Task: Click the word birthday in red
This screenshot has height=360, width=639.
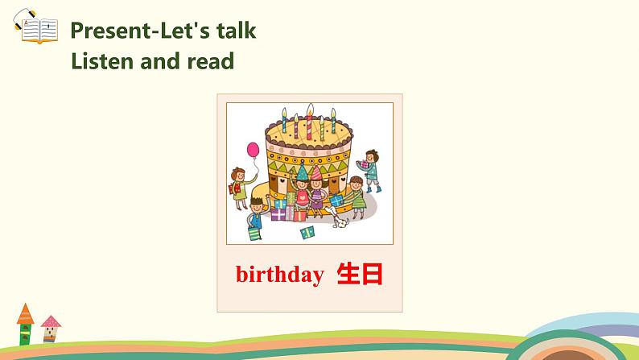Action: point(279,275)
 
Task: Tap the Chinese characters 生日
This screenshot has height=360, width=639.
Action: point(360,274)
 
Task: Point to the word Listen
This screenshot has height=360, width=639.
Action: point(103,60)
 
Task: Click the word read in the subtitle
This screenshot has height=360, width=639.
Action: point(211,60)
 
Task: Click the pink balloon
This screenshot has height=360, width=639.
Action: point(253,151)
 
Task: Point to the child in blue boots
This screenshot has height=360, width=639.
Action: point(369,167)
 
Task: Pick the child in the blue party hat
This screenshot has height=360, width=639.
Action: point(301,188)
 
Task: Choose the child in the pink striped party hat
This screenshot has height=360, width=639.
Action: point(318,189)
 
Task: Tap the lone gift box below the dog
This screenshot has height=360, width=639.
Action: point(307,233)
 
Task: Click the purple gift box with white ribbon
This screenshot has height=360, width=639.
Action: point(278,214)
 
